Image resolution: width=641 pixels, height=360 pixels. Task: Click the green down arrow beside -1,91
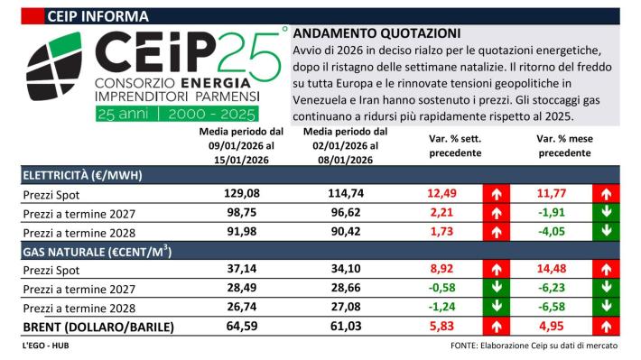coord(607,213)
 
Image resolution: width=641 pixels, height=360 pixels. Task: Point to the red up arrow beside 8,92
coord(496,269)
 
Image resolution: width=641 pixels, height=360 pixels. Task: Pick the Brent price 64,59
coord(241,326)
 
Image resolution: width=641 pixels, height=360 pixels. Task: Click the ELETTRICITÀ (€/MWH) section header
coord(82,174)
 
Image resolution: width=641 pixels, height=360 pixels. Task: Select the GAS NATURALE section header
coord(83,250)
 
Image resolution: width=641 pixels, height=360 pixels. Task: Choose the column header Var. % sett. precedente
coord(454,146)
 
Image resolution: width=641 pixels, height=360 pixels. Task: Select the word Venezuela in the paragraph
coord(328,100)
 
